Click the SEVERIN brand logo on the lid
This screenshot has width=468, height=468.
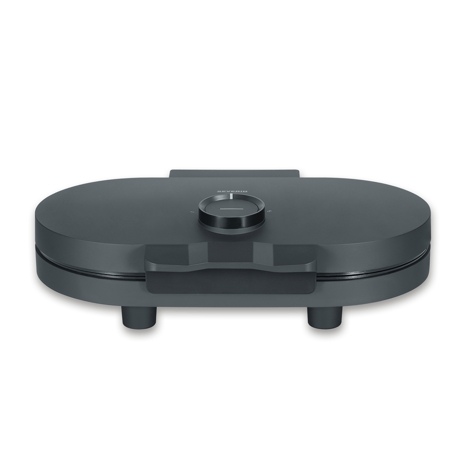pos(231,190)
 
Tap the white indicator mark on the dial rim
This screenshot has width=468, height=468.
pos(231,196)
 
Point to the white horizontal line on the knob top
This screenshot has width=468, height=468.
pos(231,208)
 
